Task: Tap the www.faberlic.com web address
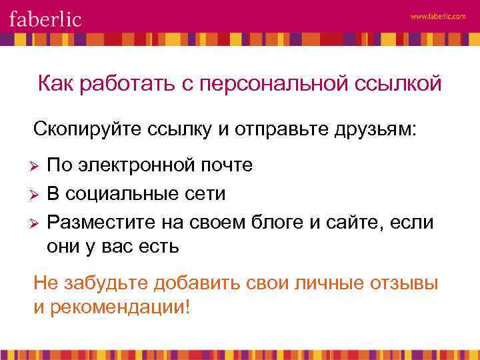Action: [438, 17]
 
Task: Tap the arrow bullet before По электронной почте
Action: [37, 165]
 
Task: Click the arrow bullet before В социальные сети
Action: [37, 194]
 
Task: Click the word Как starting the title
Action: [55, 85]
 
